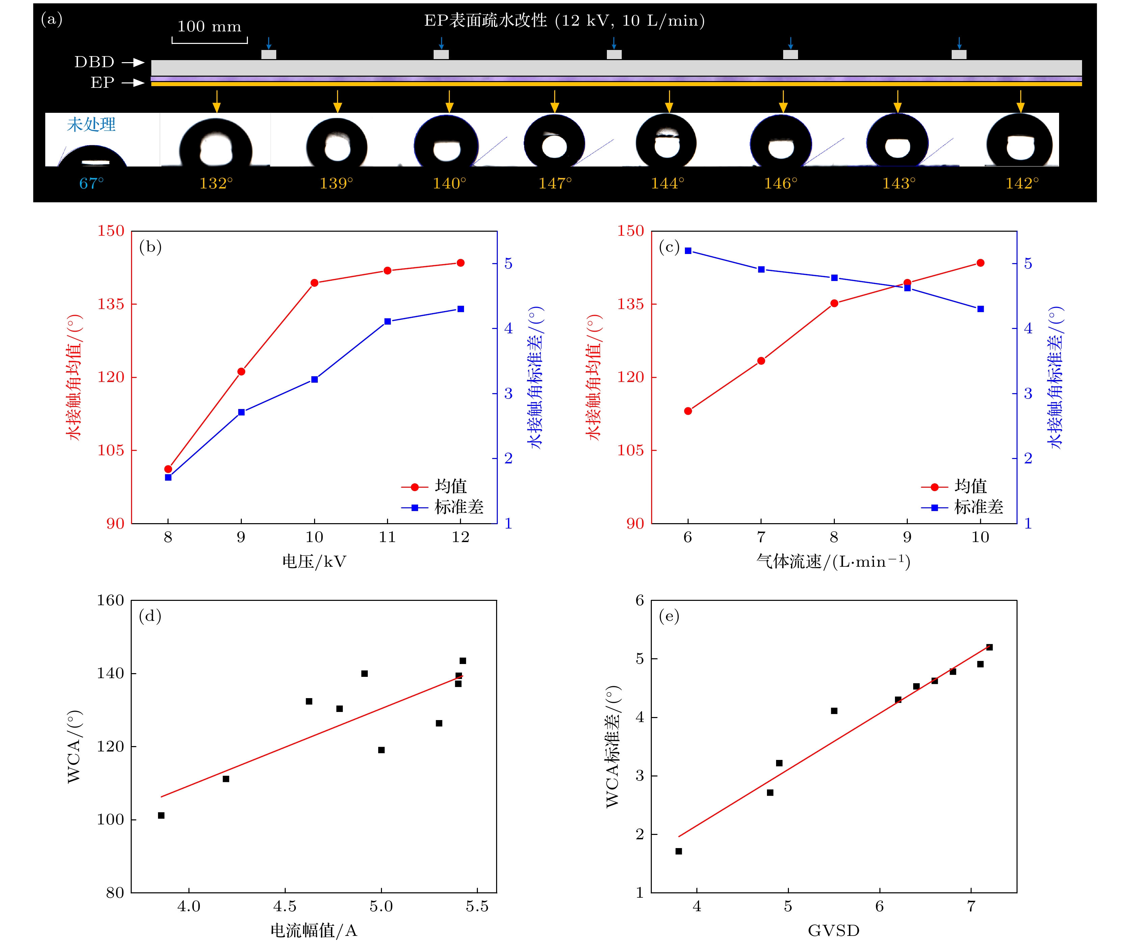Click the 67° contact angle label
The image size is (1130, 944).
click(92, 183)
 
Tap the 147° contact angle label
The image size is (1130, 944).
click(555, 183)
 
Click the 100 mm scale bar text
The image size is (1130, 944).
click(209, 26)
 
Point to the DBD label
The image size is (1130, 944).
click(94, 62)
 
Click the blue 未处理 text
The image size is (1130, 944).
click(91, 125)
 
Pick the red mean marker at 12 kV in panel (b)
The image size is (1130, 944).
click(461, 263)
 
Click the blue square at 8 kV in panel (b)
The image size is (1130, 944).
click(168, 477)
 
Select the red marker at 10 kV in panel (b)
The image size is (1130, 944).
click(314, 283)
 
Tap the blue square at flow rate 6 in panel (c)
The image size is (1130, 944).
click(688, 251)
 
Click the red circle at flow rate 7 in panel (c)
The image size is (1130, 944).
click(761, 361)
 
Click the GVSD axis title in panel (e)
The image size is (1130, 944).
click(833, 930)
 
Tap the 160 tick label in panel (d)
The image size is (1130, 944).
click(110, 601)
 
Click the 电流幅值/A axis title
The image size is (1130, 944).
click(314, 930)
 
